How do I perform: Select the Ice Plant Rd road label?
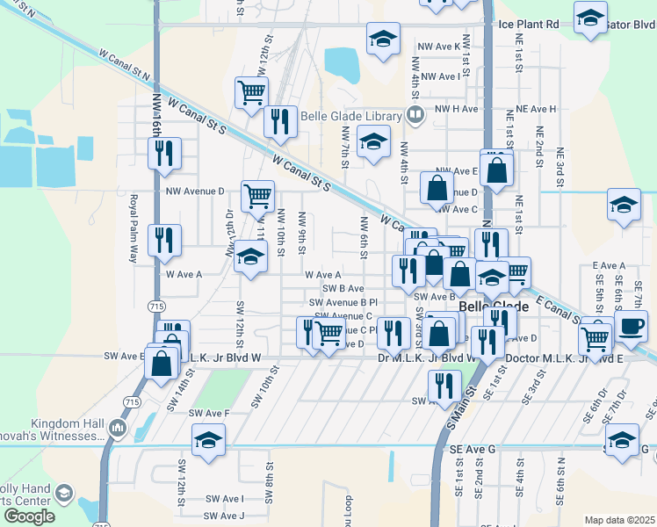(x=528, y=25)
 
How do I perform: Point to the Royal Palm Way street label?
(x=134, y=228)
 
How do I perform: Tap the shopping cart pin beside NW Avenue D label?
(x=257, y=196)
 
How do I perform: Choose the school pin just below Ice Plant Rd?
(x=382, y=40)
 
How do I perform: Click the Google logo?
(x=29, y=516)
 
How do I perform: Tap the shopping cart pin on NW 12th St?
(x=252, y=92)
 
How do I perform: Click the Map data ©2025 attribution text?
(x=619, y=520)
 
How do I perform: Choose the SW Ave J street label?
(x=224, y=516)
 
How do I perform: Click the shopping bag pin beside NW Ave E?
(x=497, y=170)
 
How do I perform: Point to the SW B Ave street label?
(x=343, y=288)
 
